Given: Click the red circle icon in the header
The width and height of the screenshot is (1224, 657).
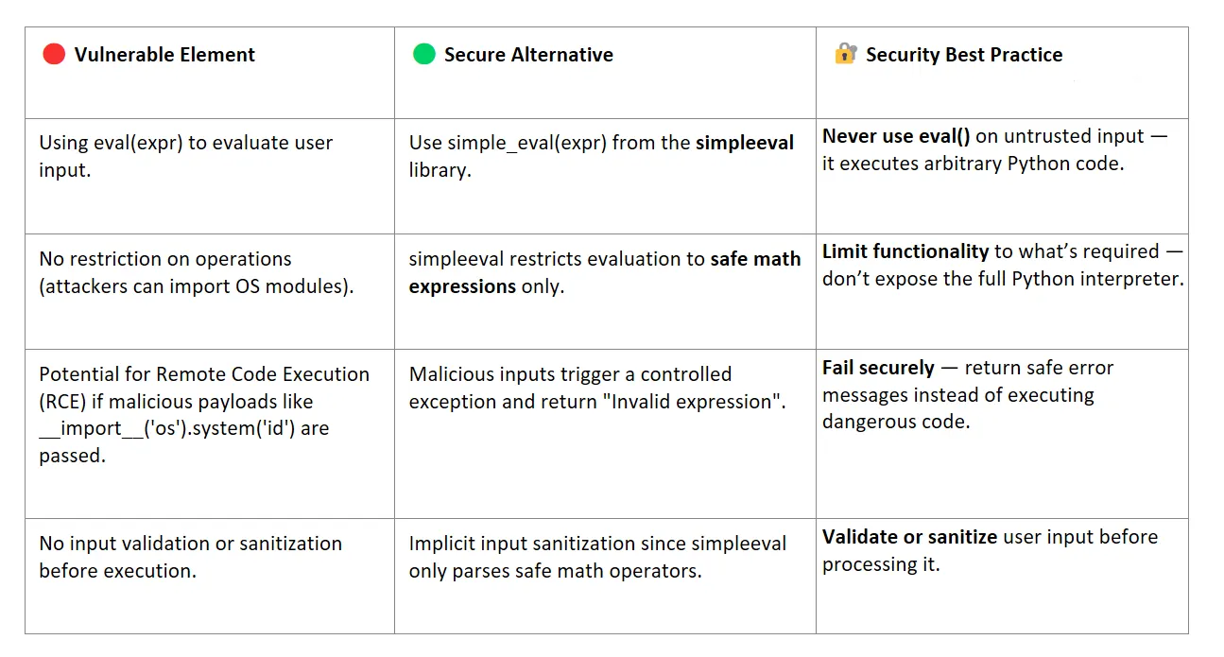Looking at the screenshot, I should coord(54,54).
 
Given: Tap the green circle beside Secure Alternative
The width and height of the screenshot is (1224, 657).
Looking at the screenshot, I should coord(424,54).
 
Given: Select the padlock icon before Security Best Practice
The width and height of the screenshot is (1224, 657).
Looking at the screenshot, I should coord(845,54).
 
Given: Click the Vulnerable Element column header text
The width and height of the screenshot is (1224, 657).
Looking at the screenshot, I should coord(164,55).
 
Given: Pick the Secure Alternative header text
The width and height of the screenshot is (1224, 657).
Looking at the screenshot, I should coord(528,55).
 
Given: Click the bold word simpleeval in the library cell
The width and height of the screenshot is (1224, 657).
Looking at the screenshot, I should coord(745,143).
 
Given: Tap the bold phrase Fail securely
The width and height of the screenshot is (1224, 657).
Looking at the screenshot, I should coord(878,368).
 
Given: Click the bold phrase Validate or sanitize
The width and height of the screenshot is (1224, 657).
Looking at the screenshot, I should coord(909,537).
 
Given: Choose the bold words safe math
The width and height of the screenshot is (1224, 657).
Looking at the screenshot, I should coord(756,259).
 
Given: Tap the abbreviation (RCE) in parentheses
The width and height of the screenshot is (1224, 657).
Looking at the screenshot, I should coord(64,402).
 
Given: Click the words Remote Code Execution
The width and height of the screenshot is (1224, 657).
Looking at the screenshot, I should coord(263,374).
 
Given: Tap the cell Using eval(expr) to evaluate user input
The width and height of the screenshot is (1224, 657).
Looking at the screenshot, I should coord(185,157).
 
